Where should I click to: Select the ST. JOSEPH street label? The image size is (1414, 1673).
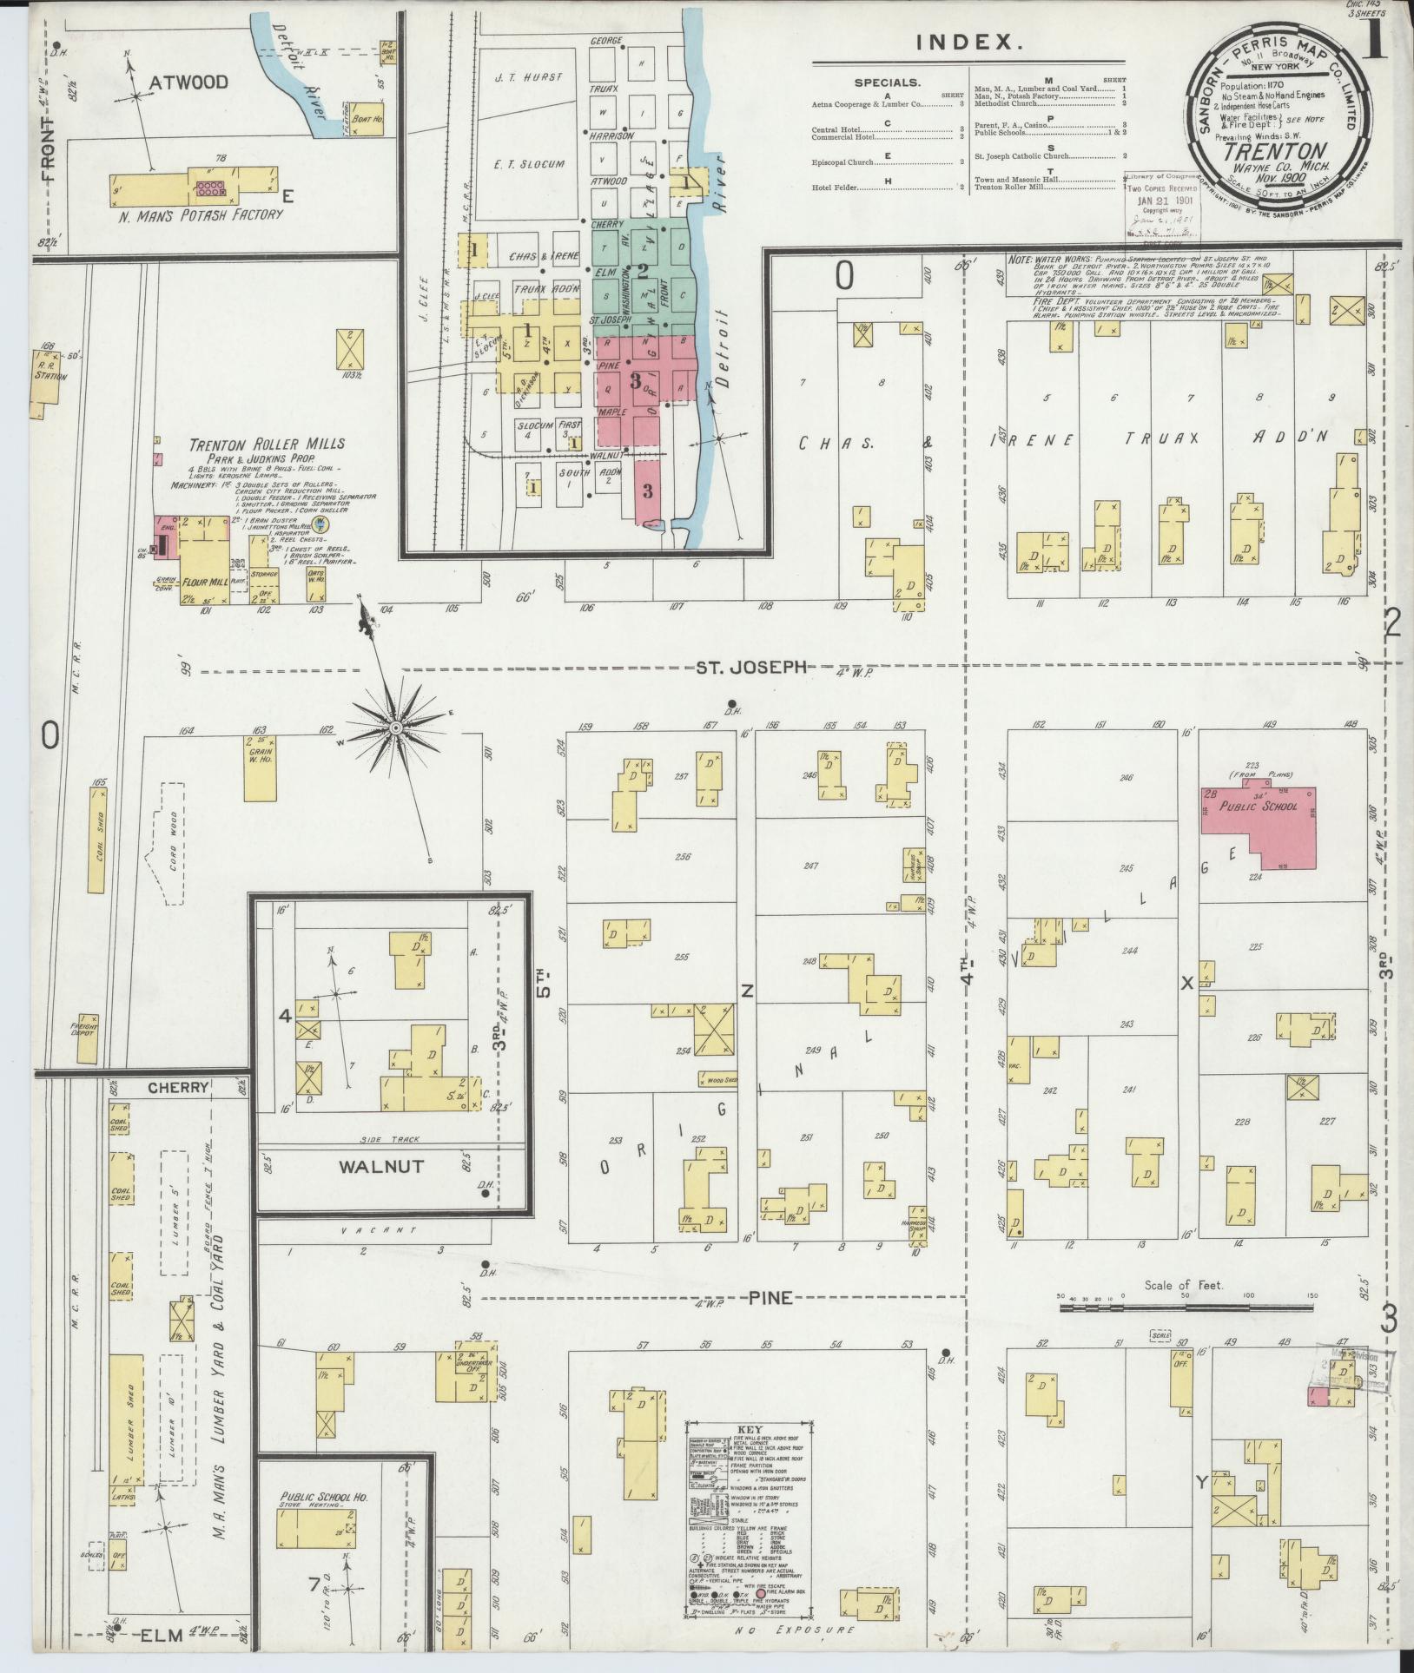tap(751, 667)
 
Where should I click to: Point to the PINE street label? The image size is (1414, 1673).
tap(770, 1297)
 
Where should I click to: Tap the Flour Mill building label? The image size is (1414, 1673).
tap(205, 582)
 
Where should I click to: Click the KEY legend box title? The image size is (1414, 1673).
tap(749, 1428)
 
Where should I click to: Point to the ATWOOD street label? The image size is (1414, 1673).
tap(188, 82)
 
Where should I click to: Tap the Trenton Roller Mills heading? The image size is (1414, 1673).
tap(268, 444)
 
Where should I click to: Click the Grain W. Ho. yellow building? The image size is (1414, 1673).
tap(260, 768)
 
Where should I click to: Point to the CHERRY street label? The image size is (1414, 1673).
tap(177, 1087)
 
